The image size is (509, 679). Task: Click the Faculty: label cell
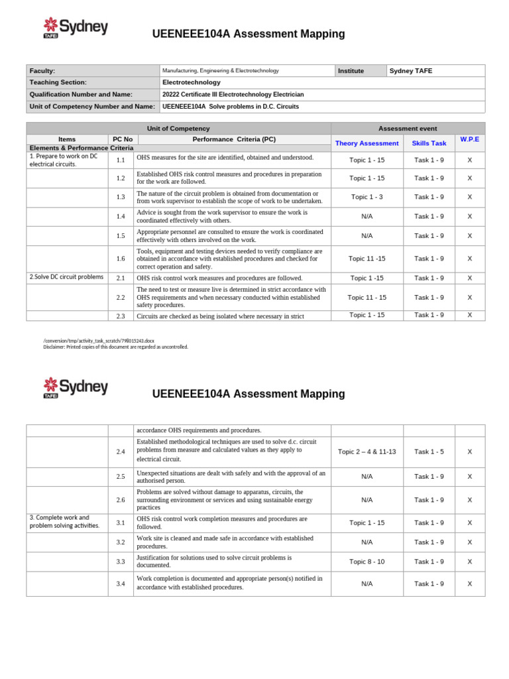point(42,70)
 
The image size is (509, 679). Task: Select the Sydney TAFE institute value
point(411,70)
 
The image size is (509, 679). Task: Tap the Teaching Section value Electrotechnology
point(192,82)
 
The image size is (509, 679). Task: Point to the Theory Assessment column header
point(367,143)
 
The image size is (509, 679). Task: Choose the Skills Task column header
point(429,143)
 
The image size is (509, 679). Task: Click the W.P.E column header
point(469,139)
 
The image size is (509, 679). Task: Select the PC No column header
point(123,139)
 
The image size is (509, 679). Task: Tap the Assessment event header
point(408,129)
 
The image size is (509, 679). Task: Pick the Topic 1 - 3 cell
point(367,197)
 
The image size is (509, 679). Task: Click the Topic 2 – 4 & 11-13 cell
point(367,452)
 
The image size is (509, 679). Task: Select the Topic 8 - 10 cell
point(367,562)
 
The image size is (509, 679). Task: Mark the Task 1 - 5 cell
point(429,452)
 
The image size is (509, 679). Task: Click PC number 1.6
point(121,259)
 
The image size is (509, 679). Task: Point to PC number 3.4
point(121,584)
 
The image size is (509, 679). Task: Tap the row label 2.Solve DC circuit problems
point(66,277)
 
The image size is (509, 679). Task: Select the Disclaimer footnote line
point(116,347)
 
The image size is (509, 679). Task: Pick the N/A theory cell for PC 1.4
point(367,216)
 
